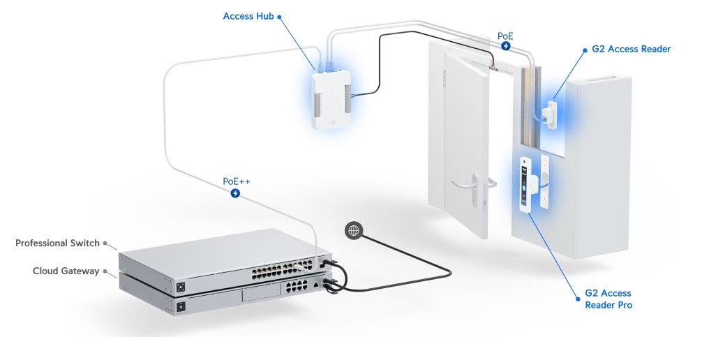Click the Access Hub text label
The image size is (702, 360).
[x=248, y=16]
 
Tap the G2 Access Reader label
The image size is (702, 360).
[x=632, y=50]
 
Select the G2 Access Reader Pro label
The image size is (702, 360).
[x=608, y=299]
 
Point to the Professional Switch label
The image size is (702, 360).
[x=57, y=243]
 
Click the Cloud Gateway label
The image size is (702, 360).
[x=66, y=271]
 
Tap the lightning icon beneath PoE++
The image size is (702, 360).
[x=235, y=193]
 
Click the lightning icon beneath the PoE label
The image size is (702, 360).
[x=505, y=45]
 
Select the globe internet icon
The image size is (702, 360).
[x=354, y=230]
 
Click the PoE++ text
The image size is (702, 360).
[x=237, y=181]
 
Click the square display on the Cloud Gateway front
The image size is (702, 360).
[x=181, y=307]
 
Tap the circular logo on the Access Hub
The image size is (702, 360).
[x=332, y=122]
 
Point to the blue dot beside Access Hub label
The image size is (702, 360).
[x=279, y=17]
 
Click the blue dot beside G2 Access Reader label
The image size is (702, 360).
[x=585, y=50]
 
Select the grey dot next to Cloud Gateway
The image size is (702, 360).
[x=105, y=271]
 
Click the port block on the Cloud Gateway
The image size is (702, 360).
[x=295, y=285]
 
